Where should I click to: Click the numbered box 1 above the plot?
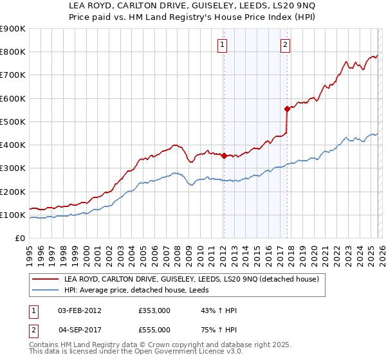[222, 44]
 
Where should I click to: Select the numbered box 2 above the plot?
[284, 44]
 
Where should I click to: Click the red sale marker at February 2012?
[223, 156]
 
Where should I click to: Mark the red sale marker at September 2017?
[287, 109]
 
